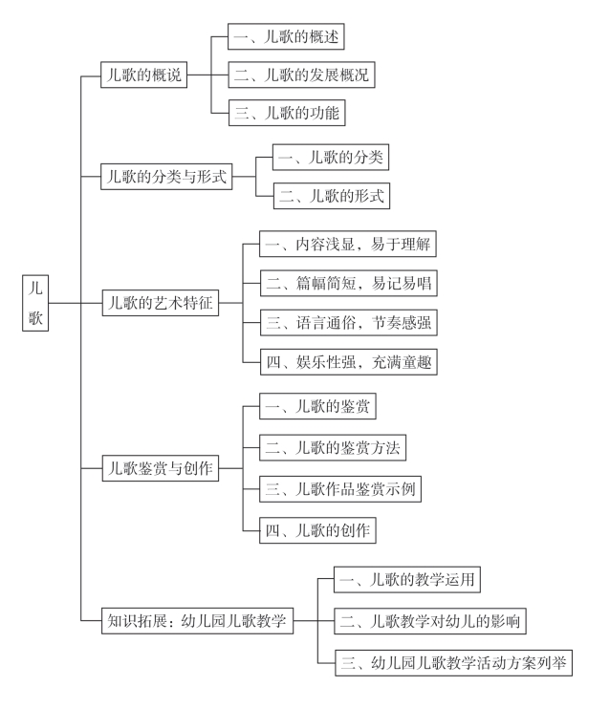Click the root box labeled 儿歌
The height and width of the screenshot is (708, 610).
click(x=35, y=303)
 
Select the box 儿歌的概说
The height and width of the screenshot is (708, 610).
click(x=143, y=75)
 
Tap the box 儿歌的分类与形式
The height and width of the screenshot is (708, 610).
click(x=166, y=177)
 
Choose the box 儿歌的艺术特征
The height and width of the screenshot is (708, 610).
click(x=161, y=303)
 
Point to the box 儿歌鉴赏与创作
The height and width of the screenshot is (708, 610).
click(x=161, y=468)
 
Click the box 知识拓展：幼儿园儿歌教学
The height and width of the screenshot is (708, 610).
click(x=198, y=621)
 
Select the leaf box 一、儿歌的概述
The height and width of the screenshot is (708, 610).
click(x=286, y=36)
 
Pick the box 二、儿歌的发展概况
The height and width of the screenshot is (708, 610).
click(x=301, y=75)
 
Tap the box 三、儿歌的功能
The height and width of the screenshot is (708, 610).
click(x=287, y=113)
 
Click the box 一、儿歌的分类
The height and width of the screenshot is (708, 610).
click(x=331, y=157)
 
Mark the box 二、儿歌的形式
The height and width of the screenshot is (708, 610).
click(x=332, y=196)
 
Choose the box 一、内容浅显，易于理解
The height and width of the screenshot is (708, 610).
click(x=348, y=244)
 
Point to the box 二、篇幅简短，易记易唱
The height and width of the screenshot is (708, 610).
click(x=349, y=283)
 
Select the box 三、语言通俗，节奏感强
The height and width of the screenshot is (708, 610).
click(x=349, y=322)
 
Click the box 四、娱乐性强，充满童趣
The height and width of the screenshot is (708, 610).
click(x=349, y=362)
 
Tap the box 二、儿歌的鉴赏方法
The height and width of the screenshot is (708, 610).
click(x=333, y=447)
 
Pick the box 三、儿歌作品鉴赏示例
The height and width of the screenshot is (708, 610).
click(x=340, y=488)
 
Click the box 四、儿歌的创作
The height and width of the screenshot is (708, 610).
click(x=317, y=530)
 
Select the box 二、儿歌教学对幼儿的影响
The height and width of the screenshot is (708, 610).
click(x=430, y=621)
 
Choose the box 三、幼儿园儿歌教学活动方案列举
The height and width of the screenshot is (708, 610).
click(x=453, y=662)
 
